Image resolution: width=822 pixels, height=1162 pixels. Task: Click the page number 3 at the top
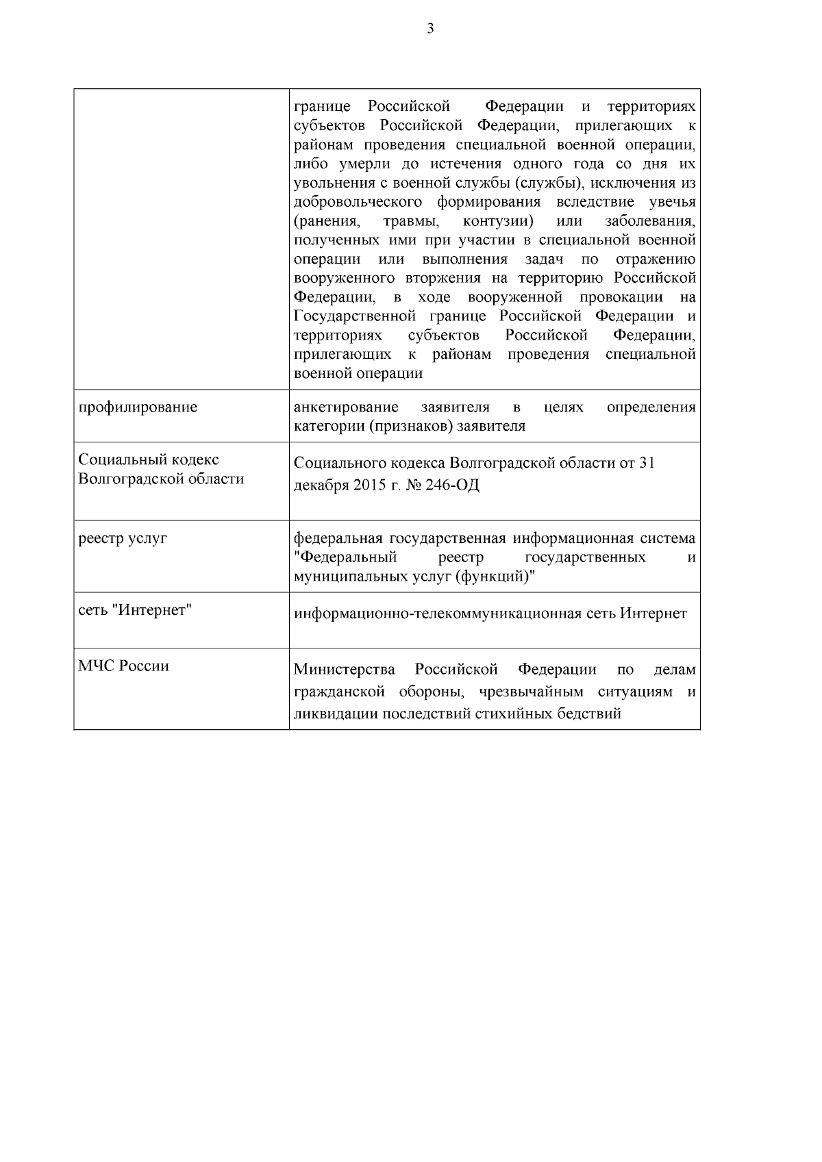430,29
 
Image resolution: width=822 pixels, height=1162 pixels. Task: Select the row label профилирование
138,407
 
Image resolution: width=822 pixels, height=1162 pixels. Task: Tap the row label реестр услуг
123,539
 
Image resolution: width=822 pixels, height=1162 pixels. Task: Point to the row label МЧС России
123,666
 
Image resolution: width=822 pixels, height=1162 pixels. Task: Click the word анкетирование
346,407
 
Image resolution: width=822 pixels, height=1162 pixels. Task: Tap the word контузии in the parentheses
499,221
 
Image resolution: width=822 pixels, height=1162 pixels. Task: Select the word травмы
411,221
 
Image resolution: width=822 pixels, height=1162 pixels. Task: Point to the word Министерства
345,669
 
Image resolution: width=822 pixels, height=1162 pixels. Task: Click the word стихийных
508,714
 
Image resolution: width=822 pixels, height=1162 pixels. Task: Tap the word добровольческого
356,202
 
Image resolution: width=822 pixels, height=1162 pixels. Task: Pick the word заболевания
651,221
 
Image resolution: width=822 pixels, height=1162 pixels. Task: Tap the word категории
325,426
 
